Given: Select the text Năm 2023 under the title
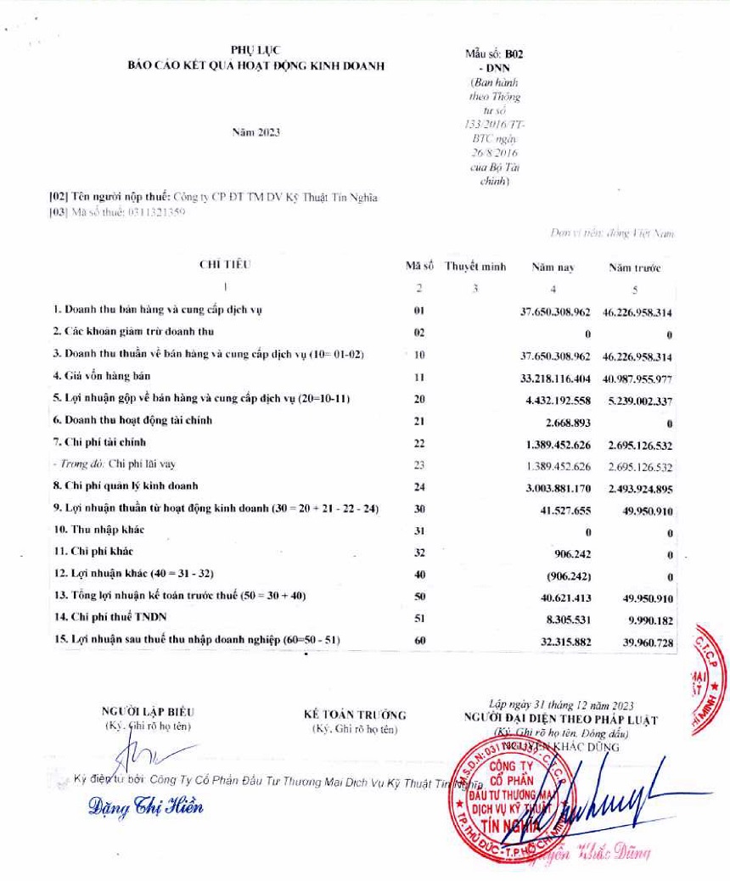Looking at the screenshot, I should [255, 132].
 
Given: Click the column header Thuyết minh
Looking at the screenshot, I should [475, 267].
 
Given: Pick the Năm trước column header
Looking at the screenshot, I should [634, 267].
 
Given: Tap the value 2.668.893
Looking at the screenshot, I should [567, 421].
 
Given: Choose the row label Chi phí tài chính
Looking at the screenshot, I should [100, 442].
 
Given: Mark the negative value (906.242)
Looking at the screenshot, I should [566, 575].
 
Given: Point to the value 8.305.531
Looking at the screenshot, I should [566, 619].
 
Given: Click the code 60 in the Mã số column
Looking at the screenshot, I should [419, 641].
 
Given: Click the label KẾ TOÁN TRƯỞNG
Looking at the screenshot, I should [355, 715].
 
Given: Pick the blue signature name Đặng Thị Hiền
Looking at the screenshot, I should [146, 806].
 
